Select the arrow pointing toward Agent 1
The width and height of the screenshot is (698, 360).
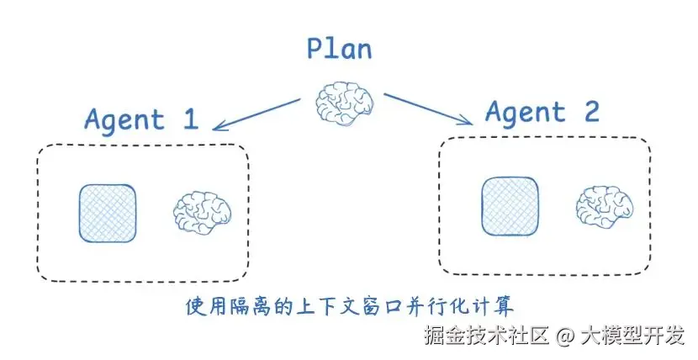pos(256,114)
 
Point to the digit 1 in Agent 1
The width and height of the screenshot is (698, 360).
pos(189,119)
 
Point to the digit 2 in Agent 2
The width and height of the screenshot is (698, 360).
pos(590,110)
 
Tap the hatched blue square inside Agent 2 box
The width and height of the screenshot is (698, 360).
pos(510,206)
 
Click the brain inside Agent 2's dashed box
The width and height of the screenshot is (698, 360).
pos(604,206)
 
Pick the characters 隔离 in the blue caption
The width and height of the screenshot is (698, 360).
pos(249,304)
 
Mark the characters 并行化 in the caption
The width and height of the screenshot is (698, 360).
pos(435,304)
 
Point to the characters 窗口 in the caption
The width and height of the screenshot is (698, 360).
pos(381,304)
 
